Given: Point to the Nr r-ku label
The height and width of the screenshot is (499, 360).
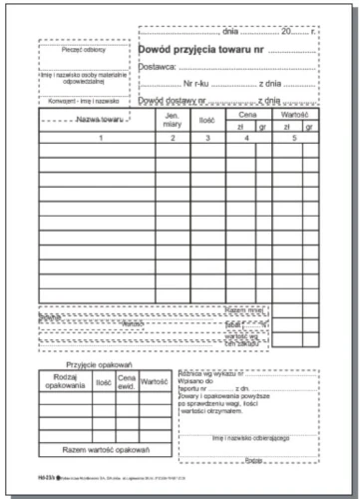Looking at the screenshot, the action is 203,83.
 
